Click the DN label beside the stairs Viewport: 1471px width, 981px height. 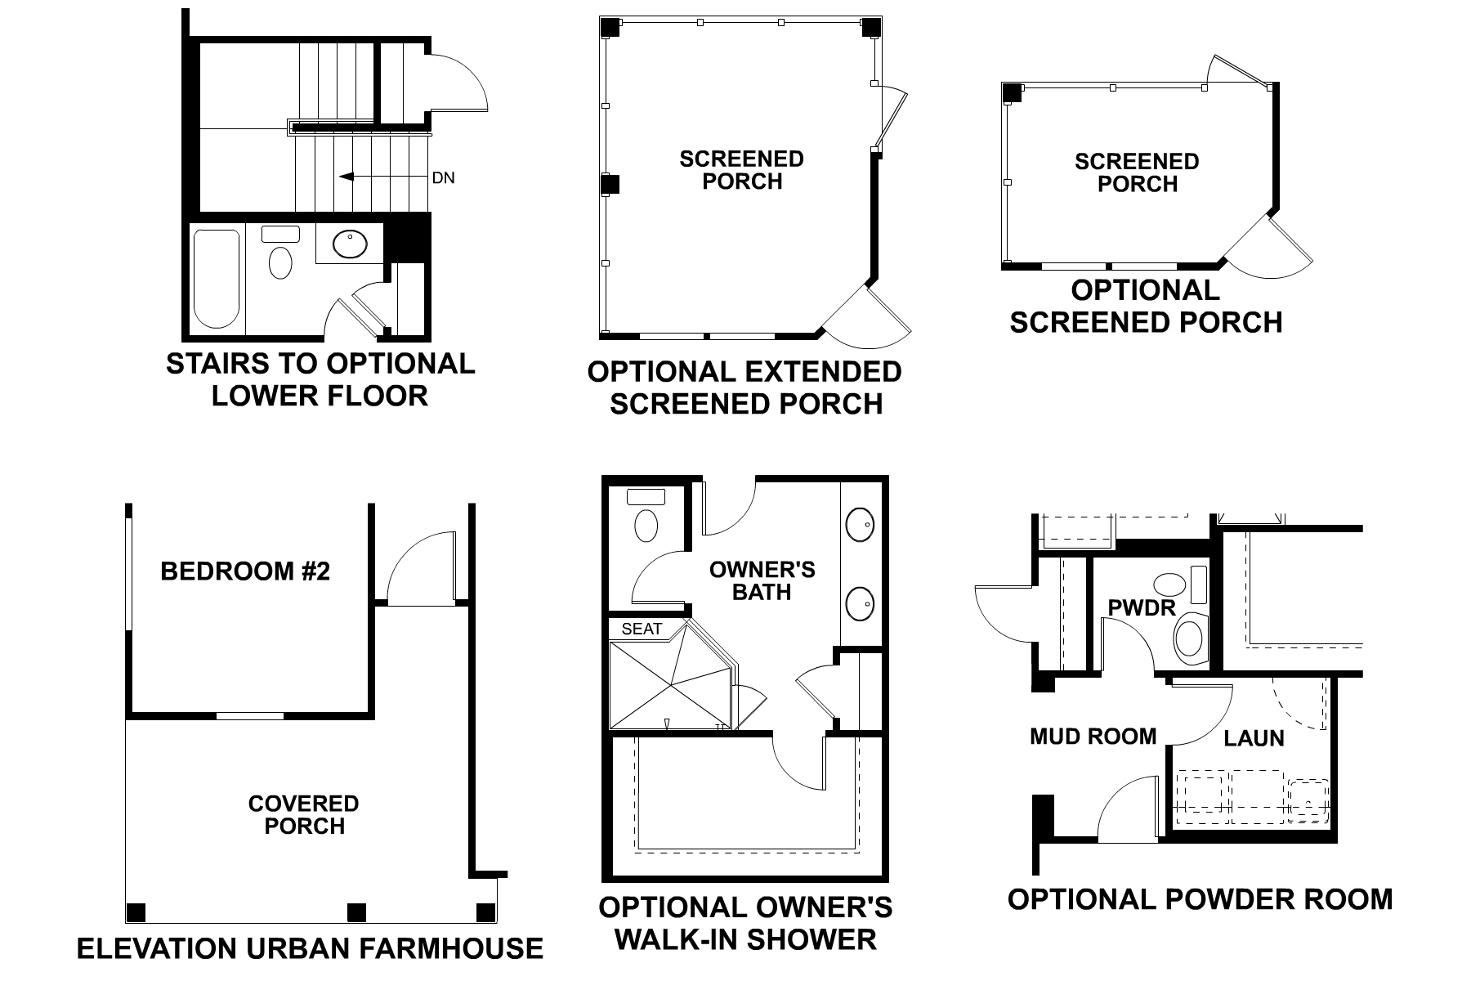coord(443,177)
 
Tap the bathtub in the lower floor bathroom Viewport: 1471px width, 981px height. coord(217,279)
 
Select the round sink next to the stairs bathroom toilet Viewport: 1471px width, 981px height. coord(351,244)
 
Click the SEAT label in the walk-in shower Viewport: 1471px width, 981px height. coord(642,629)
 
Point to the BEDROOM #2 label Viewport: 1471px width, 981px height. coord(245,571)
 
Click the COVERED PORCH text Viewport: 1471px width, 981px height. coord(304,815)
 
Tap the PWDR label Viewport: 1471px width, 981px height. coord(1141,607)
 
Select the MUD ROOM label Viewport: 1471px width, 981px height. coord(1093,737)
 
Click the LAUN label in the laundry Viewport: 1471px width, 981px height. coord(1254,739)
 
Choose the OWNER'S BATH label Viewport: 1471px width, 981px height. coord(762,580)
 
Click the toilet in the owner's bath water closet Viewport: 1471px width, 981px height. coord(646,526)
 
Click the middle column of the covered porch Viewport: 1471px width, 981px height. coord(356,912)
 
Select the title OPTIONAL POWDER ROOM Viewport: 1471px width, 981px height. coord(1200,899)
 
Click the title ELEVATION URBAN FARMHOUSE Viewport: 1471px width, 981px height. coord(310,948)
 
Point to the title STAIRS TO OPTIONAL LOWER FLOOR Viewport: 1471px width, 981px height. coord(320,379)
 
